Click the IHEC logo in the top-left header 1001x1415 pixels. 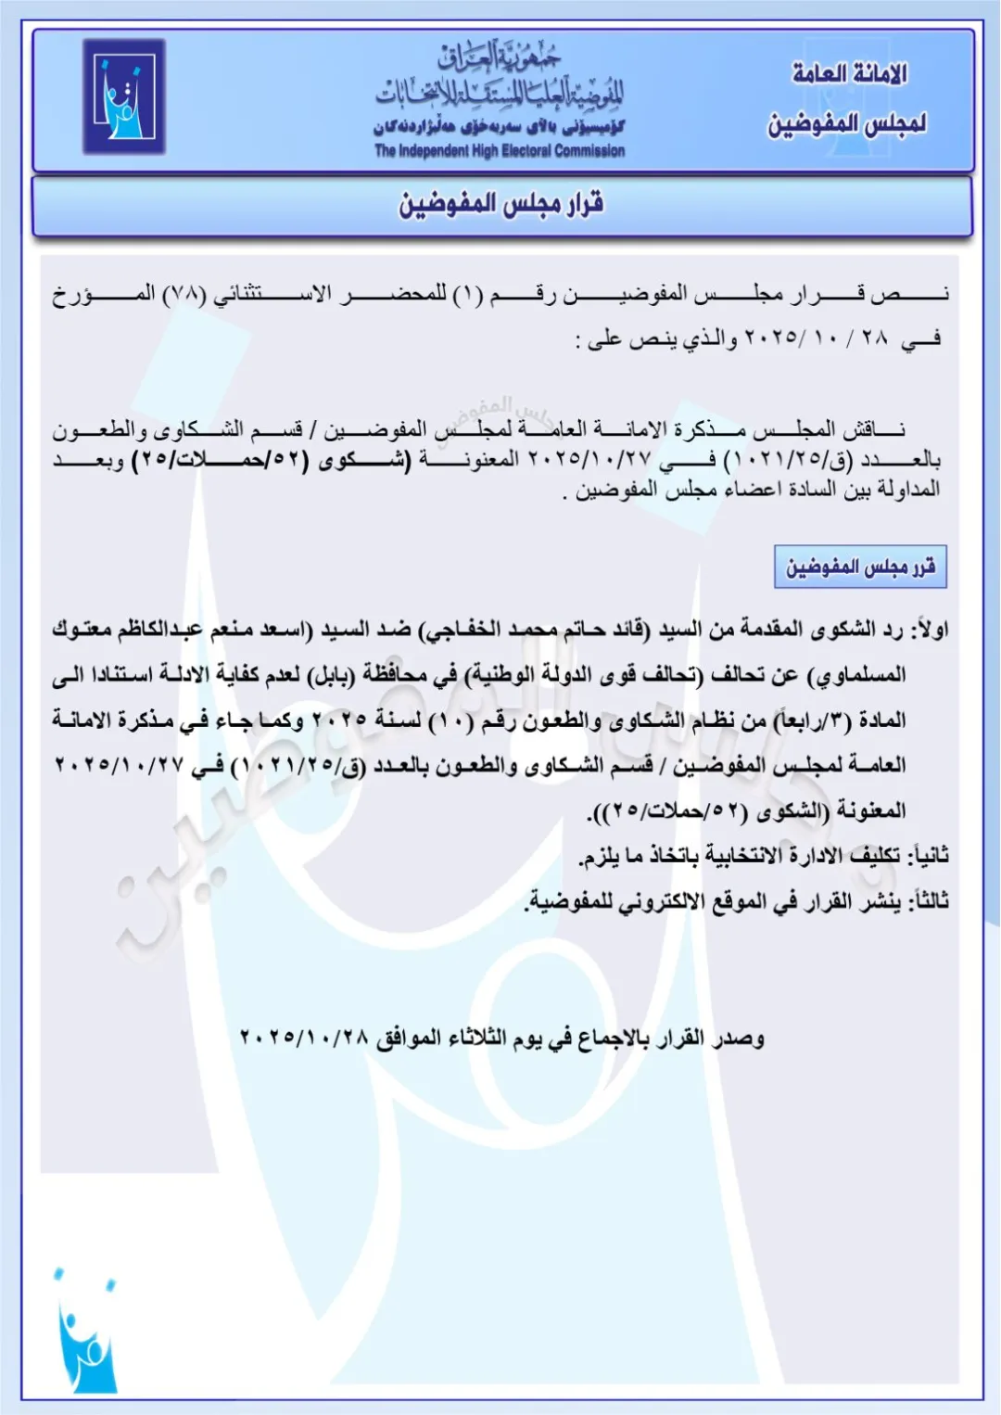pos(123,96)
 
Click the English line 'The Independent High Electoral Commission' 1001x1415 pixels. pos(500,151)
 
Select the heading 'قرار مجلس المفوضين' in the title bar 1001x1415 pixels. pos(501,204)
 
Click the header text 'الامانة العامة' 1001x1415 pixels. pos(849,74)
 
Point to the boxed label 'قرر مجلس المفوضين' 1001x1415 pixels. pos(860,567)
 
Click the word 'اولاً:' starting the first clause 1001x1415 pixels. pos(929,631)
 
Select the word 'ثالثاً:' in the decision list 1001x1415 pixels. pos(927,900)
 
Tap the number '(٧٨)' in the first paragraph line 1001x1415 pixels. pos(184,295)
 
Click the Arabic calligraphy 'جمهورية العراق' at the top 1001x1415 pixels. pos(500,60)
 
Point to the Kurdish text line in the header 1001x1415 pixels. pos(500,126)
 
